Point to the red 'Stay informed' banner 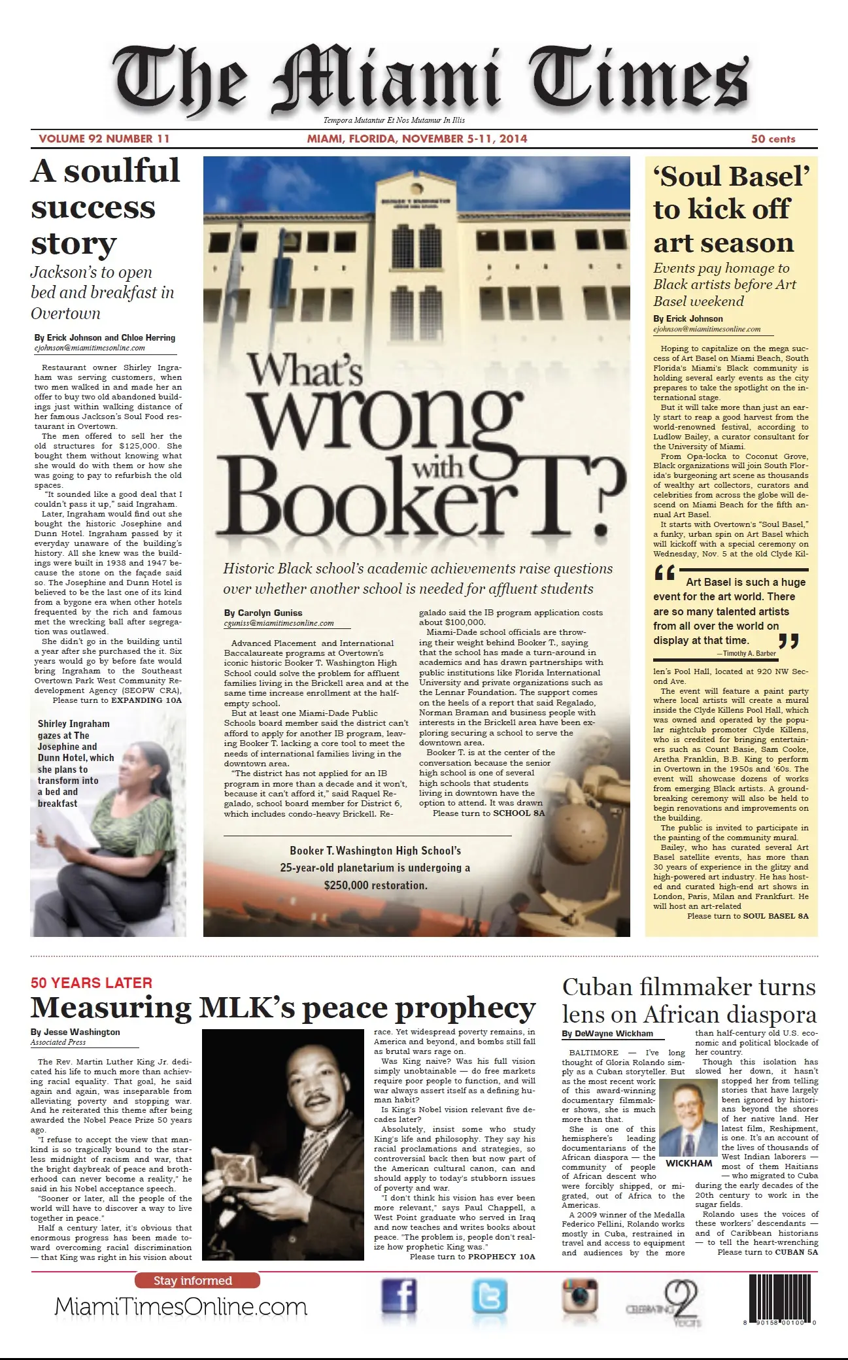point(197,1280)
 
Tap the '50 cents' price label point(773,139)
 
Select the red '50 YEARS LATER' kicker point(92,983)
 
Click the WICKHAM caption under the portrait point(688,1163)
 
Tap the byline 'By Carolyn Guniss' point(263,613)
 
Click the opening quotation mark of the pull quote point(664,575)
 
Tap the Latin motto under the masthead point(394,120)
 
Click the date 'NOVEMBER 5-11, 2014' point(464,139)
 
